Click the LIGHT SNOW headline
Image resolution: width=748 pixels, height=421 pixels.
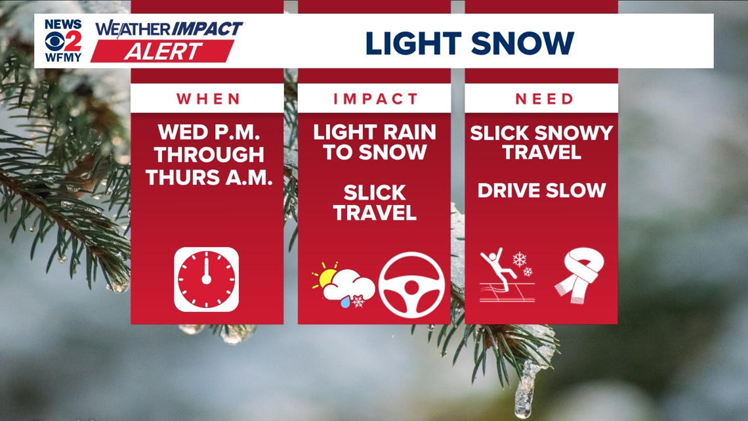[469, 43]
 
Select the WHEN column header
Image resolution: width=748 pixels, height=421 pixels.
[207, 99]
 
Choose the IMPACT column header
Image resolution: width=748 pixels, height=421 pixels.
[375, 99]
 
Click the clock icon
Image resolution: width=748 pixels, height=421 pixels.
[206, 279]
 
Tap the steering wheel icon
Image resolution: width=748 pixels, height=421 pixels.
[411, 285]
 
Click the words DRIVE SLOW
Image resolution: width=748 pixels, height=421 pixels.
[541, 190]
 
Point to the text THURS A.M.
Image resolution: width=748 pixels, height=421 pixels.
[208, 177]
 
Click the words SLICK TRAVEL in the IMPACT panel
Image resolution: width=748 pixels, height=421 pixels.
[375, 202]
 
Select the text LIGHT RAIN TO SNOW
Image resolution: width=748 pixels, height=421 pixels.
[375, 142]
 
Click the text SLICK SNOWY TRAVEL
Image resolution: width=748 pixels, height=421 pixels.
[541, 142]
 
